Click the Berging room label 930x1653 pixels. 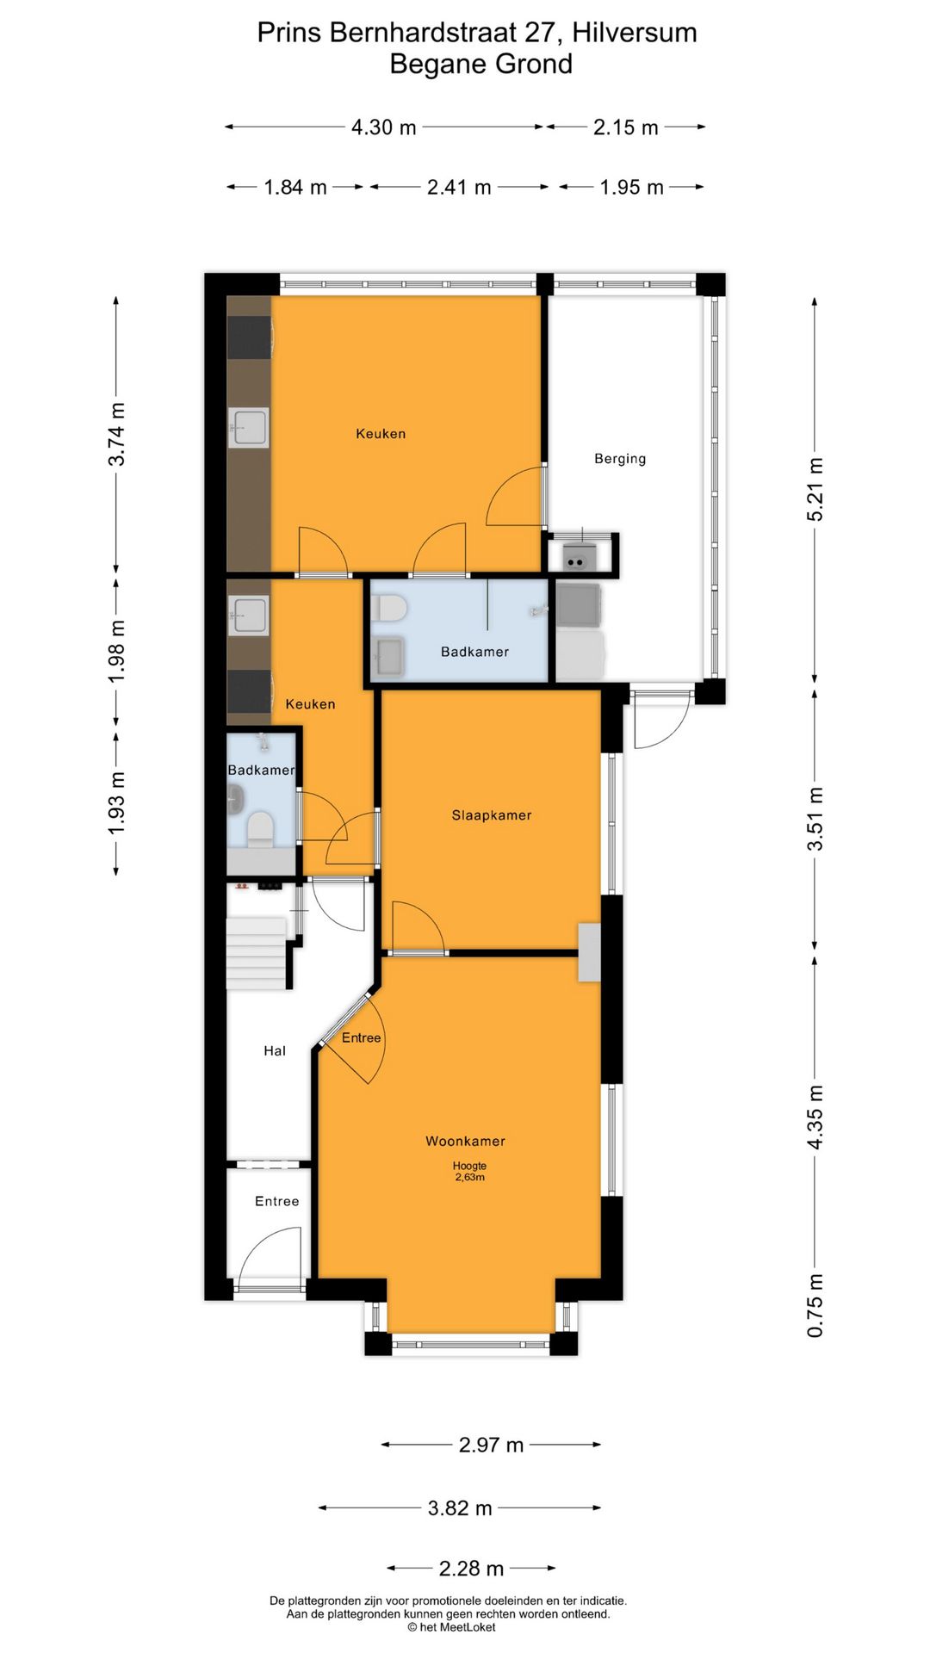coord(619,459)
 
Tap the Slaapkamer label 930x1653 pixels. coord(491,815)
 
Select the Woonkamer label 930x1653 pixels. coord(465,1142)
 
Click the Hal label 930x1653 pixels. coord(275,1051)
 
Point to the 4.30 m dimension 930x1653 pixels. coord(383,127)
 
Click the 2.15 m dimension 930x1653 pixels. coord(625,127)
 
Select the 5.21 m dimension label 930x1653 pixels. coord(815,489)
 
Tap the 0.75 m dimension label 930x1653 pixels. coord(815,1305)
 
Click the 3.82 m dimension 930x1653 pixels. coord(460,1508)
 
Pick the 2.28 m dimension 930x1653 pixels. coord(471,1569)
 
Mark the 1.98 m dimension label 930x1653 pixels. coord(117,651)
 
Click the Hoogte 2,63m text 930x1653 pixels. coord(469,1172)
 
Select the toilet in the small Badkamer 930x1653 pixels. coord(259,830)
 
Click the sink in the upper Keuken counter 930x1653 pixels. coord(249,428)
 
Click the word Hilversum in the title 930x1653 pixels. coord(634,33)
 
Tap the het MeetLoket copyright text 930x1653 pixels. coord(451,1627)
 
